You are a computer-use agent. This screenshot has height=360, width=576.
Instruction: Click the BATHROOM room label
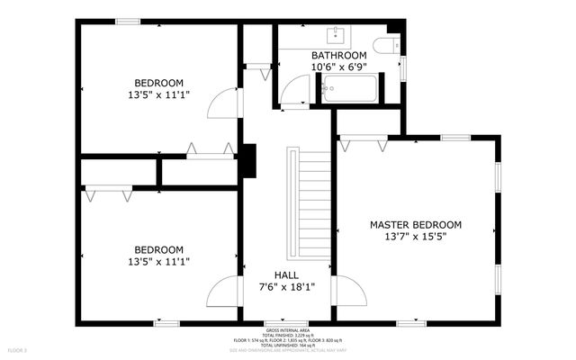pos(338,55)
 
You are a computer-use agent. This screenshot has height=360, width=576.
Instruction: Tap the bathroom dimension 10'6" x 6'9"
pos(338,67)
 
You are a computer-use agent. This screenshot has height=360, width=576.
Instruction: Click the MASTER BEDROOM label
pos(416,224)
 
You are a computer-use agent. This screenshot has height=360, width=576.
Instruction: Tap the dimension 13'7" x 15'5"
pos(416,237)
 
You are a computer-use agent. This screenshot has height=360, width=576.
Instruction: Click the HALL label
pos(287,275)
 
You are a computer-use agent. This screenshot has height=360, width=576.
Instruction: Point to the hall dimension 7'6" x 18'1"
pos(287,288)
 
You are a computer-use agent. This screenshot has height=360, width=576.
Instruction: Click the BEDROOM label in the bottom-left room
pos(158,249)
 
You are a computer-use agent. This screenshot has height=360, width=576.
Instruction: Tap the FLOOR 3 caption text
pos(18,349)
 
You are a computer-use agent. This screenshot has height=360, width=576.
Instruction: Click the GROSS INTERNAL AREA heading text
pos(288,330)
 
